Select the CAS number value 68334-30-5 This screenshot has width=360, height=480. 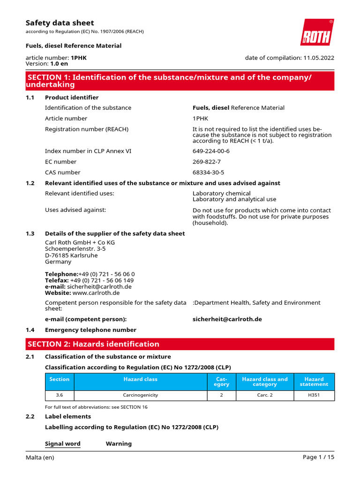click(x=208, y=172)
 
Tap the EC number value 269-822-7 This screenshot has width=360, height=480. click(x=207, y=162)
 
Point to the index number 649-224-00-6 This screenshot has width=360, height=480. click(x=211, y=151)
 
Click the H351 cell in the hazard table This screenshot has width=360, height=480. click(x=314, y=395)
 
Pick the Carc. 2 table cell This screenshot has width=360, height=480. click(x=265, y=395)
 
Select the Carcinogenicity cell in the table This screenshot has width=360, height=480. click(x=141, y=395)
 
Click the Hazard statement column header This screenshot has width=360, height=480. click(x=314, y=382)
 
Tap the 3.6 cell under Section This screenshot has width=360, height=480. click(x=59, y=395)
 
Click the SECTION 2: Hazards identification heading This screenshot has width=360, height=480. click(x=94, y=344)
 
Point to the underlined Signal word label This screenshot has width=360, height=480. click(x=62, y=444)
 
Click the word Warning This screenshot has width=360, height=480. click(x=119, y=444)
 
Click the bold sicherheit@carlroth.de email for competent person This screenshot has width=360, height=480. click(x=227, y=319)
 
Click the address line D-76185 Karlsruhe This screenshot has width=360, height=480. click(x=71, y=255)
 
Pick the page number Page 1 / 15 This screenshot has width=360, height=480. click(x=319, y=457)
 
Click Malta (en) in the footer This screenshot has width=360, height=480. click(x=40, y=457)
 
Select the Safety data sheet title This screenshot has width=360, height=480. click(x=60, y=23)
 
